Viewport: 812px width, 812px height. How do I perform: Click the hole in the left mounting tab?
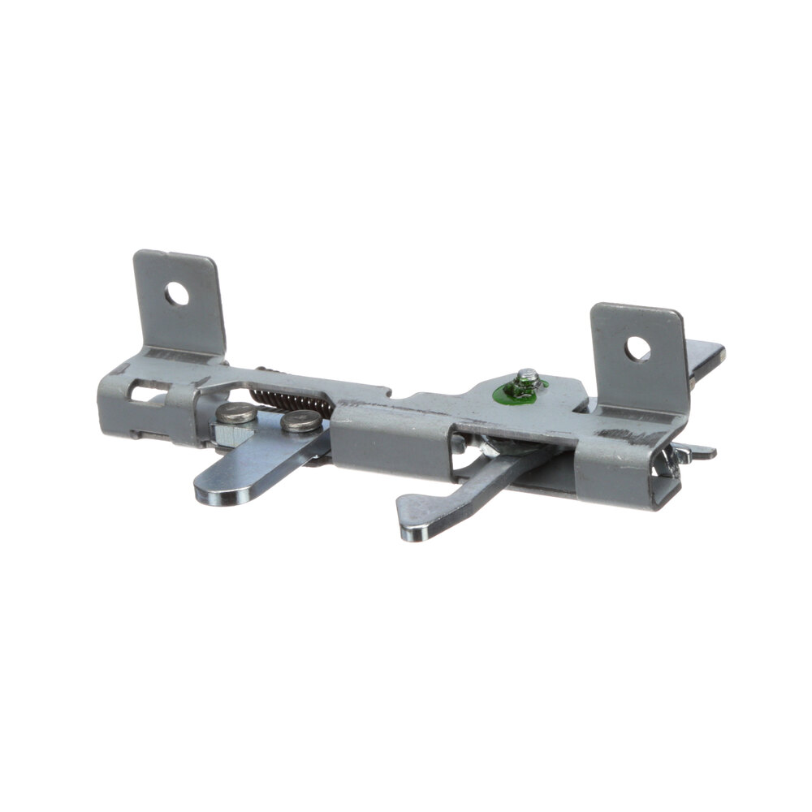point(177,294)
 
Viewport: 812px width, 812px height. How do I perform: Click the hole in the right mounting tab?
point(637,348)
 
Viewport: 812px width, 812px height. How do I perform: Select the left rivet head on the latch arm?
point(236,413)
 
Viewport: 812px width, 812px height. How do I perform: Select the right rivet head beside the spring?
point(301,421)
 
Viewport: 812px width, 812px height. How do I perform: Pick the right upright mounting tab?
point(638,357)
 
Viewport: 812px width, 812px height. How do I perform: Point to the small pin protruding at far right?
point(700,451)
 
